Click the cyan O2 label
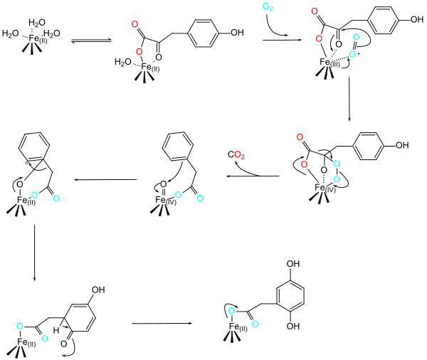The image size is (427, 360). tap(268, 7)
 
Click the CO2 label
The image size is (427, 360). tap(236, 155)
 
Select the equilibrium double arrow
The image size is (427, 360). tap(91, 41)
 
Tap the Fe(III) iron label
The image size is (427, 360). tap(330, 63)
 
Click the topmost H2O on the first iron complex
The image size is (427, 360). tap(37, 22)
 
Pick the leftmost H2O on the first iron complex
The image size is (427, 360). tap(11, 33)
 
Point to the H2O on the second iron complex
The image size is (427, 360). tap(123, 62)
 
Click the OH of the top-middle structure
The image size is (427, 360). tap(237, 33)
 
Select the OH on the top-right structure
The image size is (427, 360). tap(417, 19)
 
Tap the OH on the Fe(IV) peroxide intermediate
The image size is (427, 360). tap(402, 145)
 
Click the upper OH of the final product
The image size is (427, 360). tap(293, 264)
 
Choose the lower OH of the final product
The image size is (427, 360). tap(293, 326)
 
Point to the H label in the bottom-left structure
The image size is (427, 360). tap(56, 331)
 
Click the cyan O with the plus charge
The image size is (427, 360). tap(354, 54)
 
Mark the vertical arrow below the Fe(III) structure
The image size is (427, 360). tap(349, 99)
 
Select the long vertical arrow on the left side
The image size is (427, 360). tap(34, 253)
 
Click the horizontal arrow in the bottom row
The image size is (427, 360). tap(162, 323)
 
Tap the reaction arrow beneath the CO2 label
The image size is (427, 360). tap(253, 176)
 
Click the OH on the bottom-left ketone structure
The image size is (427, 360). tap(98, 290)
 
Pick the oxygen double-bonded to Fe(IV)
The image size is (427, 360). tap(164, 184)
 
